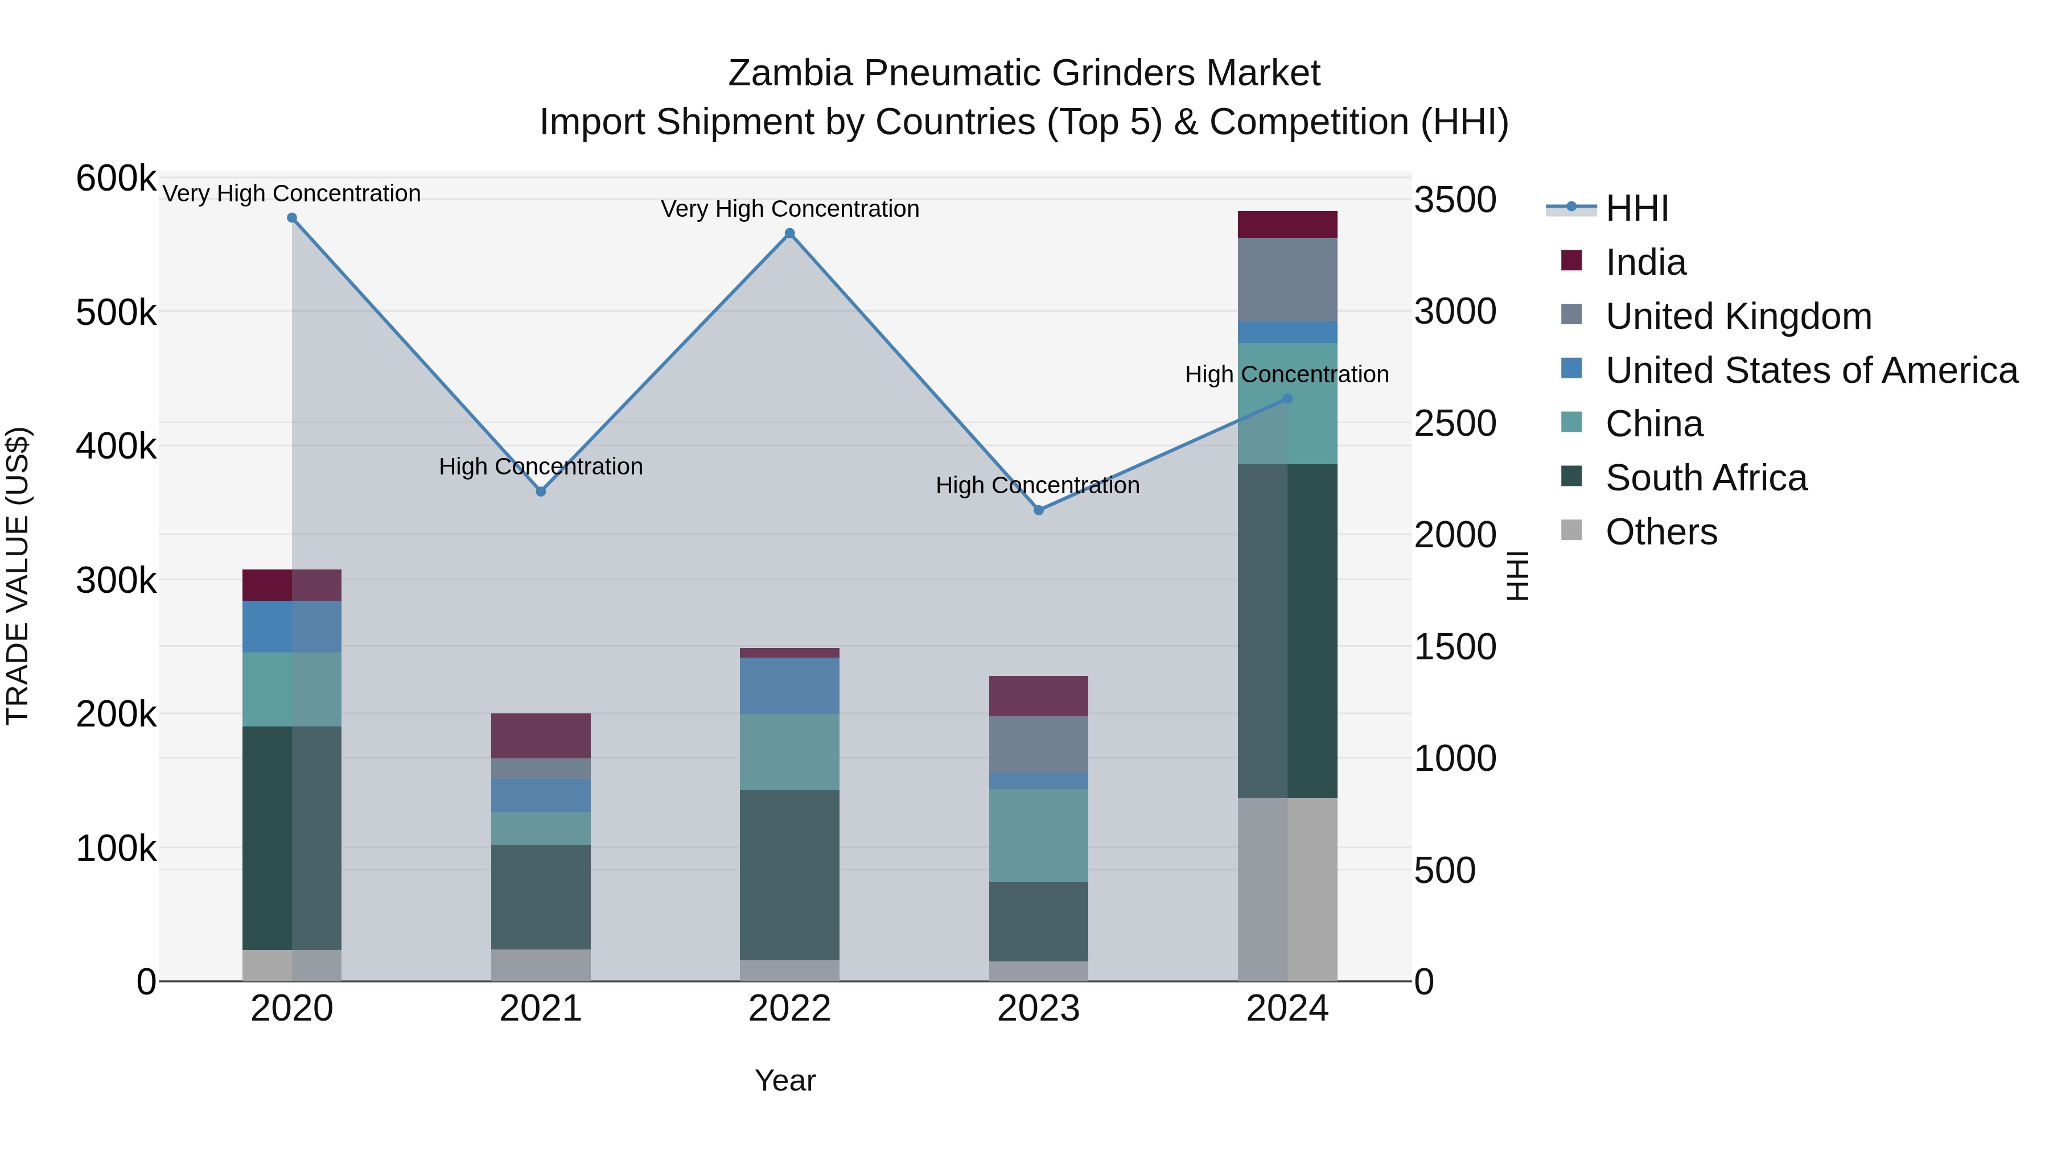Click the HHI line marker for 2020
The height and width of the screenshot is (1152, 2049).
(292, 218)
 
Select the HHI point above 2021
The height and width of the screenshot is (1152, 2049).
(541, 492)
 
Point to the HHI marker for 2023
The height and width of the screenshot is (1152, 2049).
(1038, 510)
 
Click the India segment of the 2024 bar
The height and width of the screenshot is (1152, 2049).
(1287, 225)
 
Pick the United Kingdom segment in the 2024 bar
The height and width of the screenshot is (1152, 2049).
(1287, 280)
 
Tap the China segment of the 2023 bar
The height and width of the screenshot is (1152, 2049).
(1038, 835)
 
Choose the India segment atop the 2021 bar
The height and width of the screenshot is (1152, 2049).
(541, 736)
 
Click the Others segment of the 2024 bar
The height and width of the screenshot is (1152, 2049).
(1287, 889)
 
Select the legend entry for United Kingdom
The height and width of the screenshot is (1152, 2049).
(1738, 316)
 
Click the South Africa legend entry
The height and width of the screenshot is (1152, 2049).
(1706, 478)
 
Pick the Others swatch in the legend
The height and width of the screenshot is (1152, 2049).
(1571, 530)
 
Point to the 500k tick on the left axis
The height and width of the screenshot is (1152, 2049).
(116, 312)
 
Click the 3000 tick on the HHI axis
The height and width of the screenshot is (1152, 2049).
(1455, 312)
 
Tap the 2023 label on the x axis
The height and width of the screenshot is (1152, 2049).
(1038, 1009)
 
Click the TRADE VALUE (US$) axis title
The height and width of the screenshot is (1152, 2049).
(18, 576)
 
